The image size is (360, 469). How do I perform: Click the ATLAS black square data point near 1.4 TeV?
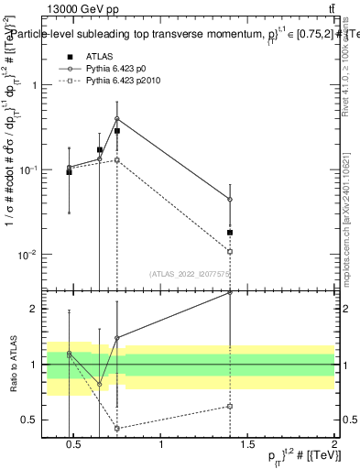click(x=230, y=233)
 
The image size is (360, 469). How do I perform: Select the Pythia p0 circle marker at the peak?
click(x=117, y=119)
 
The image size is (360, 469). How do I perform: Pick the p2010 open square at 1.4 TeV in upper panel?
click(x=230, y=251)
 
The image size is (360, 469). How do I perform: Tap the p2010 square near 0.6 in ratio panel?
click(x=117, y=429)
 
